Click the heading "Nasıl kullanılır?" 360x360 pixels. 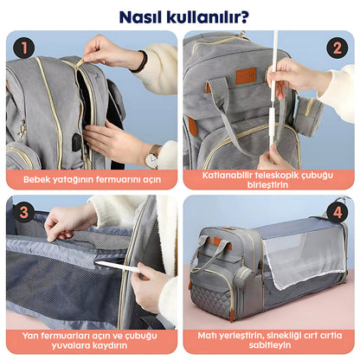179,16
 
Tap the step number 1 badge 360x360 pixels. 24,49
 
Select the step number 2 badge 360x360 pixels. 336,49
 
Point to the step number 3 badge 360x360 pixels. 24,212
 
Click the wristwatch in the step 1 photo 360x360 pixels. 151,157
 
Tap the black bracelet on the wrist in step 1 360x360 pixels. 140,61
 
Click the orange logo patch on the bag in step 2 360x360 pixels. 247,75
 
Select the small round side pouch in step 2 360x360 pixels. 307,115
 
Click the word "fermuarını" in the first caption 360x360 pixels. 121,179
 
